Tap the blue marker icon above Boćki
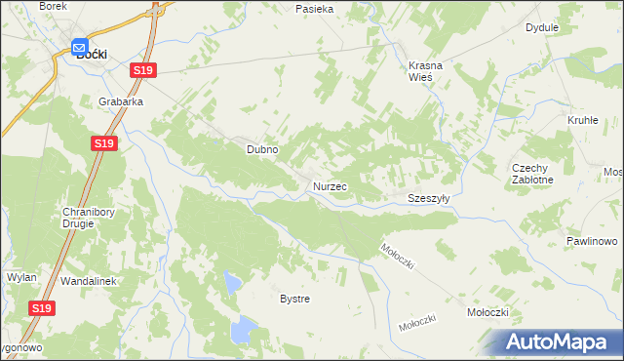click(x=80, y=44)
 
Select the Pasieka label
click(x=315, y=9)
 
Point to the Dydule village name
click(x=541, y=28)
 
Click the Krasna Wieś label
click(x=426, y=71)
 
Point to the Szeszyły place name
click(x=428, y=197)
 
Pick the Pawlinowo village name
click(x=592, y=241)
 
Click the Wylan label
click(x=21, y=277)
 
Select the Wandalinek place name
click(x=89, y=281)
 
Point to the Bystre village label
click(x=294, y=299)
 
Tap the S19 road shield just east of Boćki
click(x=143, y=70)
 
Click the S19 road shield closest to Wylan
click(x=40, y=308)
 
